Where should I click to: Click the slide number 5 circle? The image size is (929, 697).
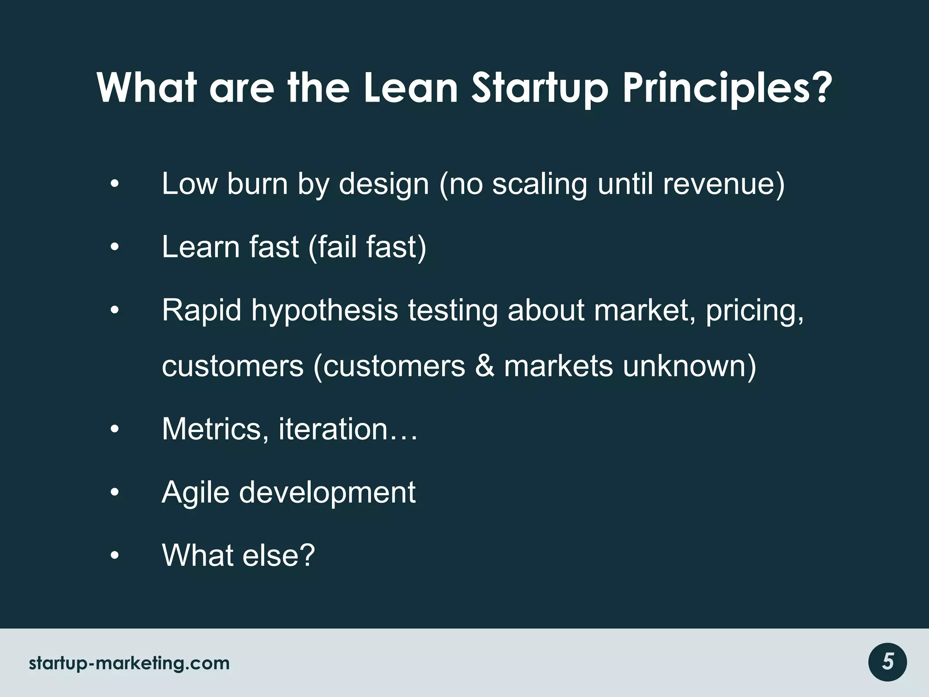pyautogui.click(x=888, y=662)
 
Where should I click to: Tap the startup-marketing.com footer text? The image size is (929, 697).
pyautogui.click(x=129, y=663)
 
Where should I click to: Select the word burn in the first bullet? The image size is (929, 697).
pyautogui.click(x=257, y=184)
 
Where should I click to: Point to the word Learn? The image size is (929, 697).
pyautogui.click(x=200, y=247)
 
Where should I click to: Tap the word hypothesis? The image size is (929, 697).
pyautogui.click(x=325, y=311)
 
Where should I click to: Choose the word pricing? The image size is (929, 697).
pyautogui.click(x=755, y=311)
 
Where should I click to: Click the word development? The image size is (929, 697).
pyautogui.click(x=327, y=493)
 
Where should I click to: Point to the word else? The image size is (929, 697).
pyautogui.click(x=279, y=555)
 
